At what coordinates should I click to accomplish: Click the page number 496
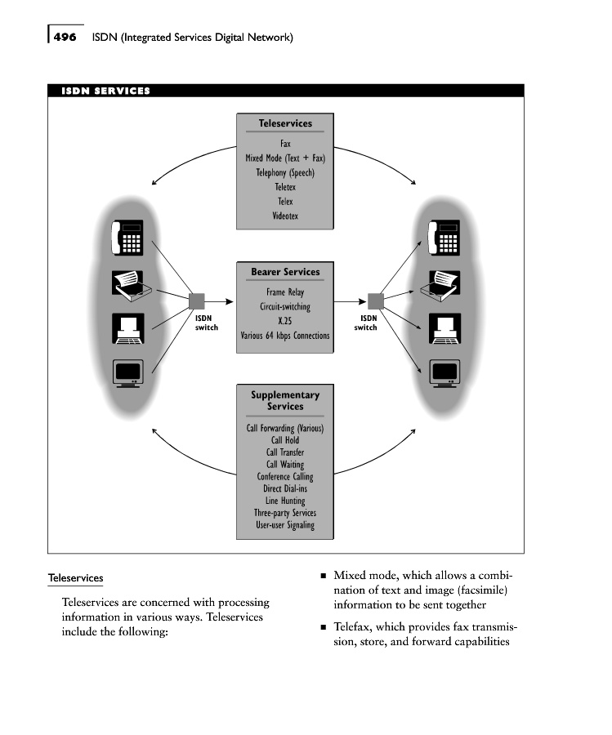click(66, 37)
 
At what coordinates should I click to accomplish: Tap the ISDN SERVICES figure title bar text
click(105, 91)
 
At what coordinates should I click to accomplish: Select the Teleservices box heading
click(285, 123)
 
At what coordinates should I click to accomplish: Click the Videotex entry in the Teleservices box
click(285, 216)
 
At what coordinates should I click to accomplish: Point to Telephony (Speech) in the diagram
click(285, 172)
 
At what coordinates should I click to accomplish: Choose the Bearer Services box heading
click(285, 272)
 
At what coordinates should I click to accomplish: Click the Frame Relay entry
click(285, 292)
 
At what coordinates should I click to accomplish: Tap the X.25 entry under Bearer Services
click(285, 321)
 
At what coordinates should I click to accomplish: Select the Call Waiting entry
click(285, 464)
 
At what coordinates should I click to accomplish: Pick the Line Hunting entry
click(285, 501)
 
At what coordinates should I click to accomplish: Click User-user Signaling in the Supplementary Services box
click(285, 525)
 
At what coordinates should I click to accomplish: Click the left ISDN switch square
click(196, 301)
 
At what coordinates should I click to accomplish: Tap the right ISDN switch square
click(375, 301)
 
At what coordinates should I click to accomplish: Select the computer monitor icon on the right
click(445, 372)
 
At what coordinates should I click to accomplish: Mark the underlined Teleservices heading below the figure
click(76, 578)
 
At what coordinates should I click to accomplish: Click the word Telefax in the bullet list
click(355, 628)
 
